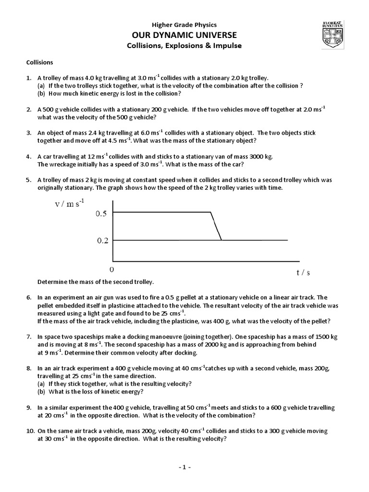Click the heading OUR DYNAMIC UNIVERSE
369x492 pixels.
pyautogui.click(x=184, y=35)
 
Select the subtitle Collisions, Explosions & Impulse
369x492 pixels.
pyautogui.click(x=184, y=46)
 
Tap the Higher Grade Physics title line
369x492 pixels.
pyautogui.click(x=184, y=25)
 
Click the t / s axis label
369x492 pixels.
pyautogui.click(x=303, y=272)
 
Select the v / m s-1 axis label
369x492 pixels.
pyautogui.click(x=70, y=204)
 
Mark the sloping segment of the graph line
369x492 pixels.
pyautogui.click(x=216, y=226)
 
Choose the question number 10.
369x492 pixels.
pyautogui.click(x=30, y=431)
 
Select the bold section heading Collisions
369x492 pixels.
pyautogui.click(x=39, y=62)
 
